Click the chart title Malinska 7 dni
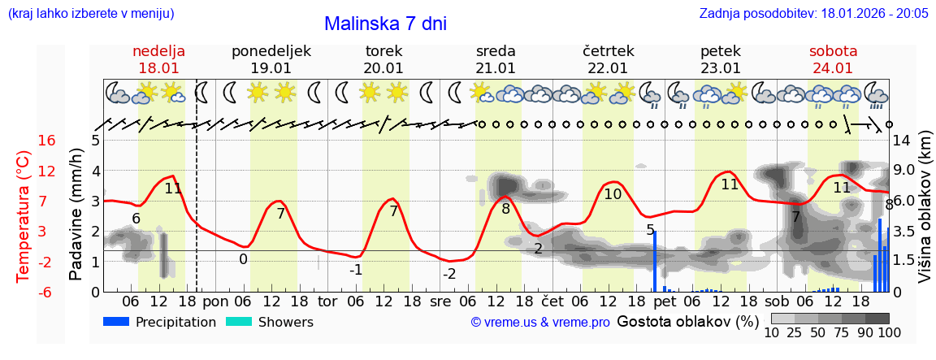coord(385,24)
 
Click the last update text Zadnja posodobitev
coord(813,14)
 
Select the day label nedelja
coord(158,50)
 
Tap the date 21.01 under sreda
coord(496,68)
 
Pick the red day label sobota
coord(833,50)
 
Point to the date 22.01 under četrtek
coord(608,68)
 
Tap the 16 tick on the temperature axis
coord(47,141)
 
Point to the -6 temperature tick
coord(47,292)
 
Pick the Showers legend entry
coord(285,322)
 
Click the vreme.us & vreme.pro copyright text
coord(540,323)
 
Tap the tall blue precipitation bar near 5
coord(655,261)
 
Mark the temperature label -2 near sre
coord(449,274)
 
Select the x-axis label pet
coord(665,301)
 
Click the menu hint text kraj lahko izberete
coord(90,14)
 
